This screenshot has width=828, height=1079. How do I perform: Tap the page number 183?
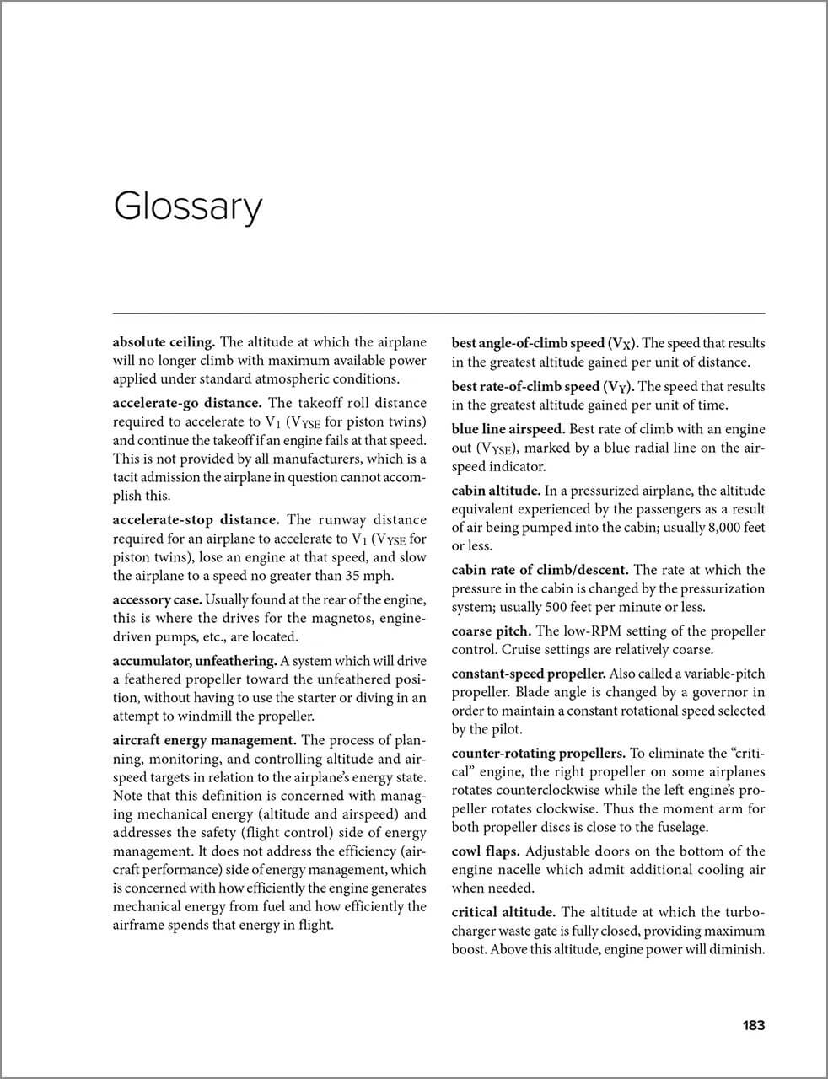[x=753, y=1025]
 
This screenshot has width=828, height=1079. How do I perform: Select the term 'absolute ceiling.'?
[x=164, y=342]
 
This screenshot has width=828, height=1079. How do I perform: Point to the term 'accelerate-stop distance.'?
[x=196, y=519]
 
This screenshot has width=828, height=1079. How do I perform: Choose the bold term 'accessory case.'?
[x=157, y=599]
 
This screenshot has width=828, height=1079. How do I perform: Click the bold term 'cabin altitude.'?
[x=496, y=490]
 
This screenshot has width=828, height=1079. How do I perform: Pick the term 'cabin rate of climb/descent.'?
[x=540, y=570]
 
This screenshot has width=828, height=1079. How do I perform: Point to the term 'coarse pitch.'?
[x=491, y=631]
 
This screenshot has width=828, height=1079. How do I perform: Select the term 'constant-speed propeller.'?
[x=529, y=674]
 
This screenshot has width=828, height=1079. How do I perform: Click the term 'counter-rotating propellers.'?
[x=538, y=753]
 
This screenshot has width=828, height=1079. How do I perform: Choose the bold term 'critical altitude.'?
[x=503, y=911]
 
